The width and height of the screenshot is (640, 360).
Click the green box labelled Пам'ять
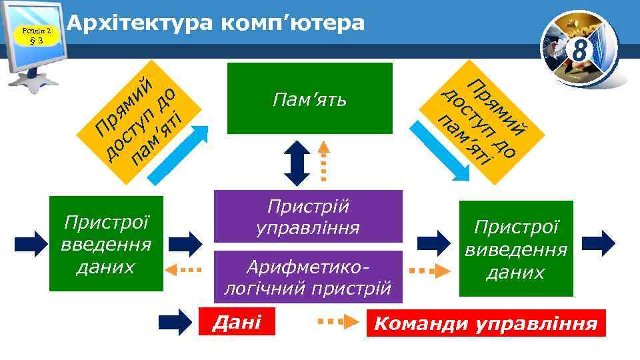point(310,99)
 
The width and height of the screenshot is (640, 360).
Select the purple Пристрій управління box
point(308,217)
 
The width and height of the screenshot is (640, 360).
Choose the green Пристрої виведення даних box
point(516,249)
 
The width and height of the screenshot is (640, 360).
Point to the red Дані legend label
point(236,323)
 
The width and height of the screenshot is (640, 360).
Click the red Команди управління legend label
point(486,324)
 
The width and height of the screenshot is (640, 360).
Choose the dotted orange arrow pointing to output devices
point(427,271)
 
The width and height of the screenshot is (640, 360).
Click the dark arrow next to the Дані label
point(175,322)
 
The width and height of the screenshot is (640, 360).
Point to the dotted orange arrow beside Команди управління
point(338,323)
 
